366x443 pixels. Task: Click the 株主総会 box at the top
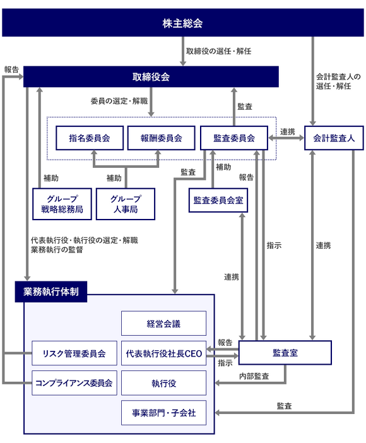pyautogui.click(x=182, y=24)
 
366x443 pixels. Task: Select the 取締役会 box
pyautogui.click(x=151, y=77)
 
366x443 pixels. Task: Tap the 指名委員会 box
pyautogui.click(x=89, y=138)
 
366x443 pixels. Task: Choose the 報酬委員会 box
pyautogui.click(x=160, y=138)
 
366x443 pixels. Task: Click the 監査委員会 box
pyautogui.click(x=234, y=138)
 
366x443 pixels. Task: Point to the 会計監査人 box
pyautogui.click(x=334, y=138)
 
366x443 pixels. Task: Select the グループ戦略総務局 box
pyautogui.click(x=62, y=203)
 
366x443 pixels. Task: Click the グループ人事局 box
pyautogui.click(x=125, y=203)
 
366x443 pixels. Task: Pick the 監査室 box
pyautogui.click(x=285, y=353)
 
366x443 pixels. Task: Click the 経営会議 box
pyautogui.click(x=163, y=323)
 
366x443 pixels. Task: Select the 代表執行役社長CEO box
pyautogui.click(x=163, y=353)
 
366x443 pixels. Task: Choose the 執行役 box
pyautogui.click(x=163, y=383)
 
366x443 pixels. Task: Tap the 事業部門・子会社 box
pyautogui.click(x=163, y=413)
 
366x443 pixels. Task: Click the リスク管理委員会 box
pyautogui.click(x=74, y=353)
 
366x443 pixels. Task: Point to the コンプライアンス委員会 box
pyautogui.click(x=74, y=383)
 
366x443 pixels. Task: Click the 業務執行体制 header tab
pyautogui.click(x=51, y=292)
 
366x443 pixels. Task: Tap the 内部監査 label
pyautogui.click(x=254, y=376)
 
